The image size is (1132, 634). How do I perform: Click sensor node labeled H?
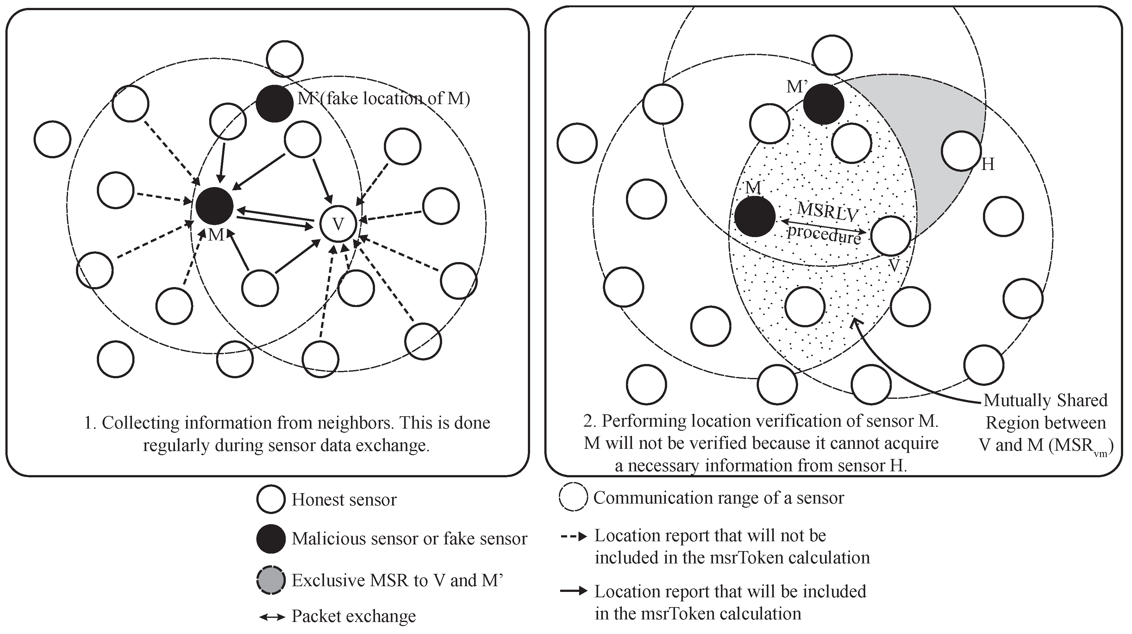coord(961,151)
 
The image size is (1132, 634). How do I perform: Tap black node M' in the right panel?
coord(823,104)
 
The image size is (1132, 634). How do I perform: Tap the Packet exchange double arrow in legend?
coord(272,617)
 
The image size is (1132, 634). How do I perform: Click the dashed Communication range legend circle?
coord(573,497)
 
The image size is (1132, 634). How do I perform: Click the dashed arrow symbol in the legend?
coord(573,537)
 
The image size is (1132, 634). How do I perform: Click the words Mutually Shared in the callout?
coord(1045,400)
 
